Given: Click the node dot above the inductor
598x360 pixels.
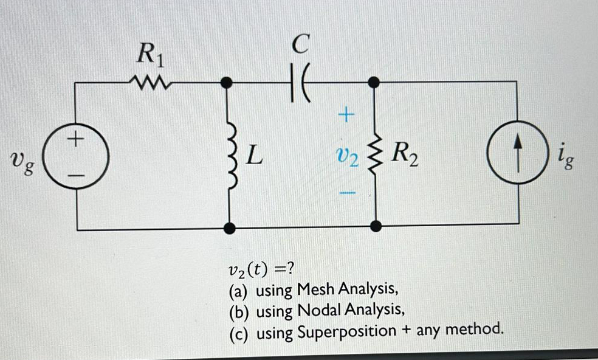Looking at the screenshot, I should (229, 82).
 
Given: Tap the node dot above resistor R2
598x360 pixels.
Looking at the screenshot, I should (376, 82).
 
